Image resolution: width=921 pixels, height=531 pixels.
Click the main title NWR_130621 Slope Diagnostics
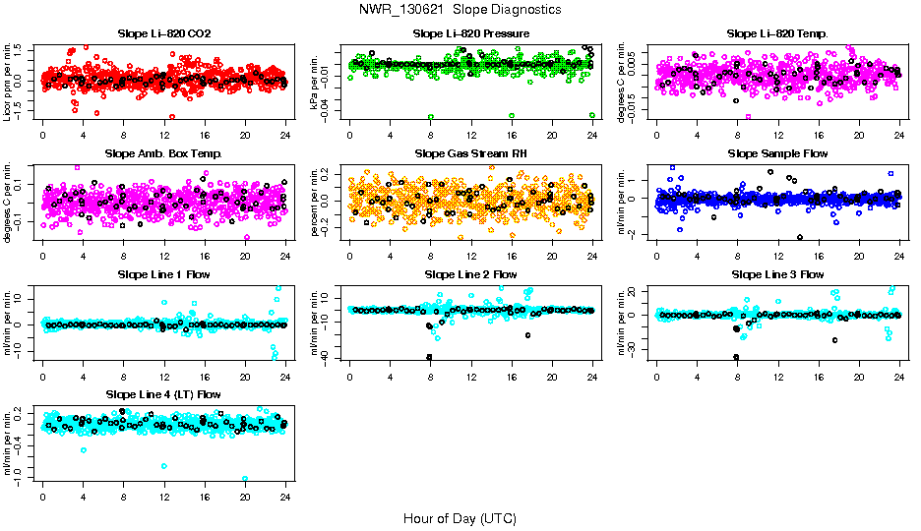point(460,9)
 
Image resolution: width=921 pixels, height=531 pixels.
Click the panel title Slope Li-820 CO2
point(164,34)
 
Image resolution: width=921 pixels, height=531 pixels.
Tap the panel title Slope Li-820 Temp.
point(777,34)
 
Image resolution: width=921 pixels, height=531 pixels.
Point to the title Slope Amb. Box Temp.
point(164,154)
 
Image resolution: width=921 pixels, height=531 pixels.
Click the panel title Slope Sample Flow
point(777,154)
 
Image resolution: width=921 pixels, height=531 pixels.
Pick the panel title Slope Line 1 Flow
point(164,274)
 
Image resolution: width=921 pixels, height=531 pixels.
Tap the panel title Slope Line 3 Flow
point(777,274)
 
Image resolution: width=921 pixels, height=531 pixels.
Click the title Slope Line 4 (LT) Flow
point(164,394)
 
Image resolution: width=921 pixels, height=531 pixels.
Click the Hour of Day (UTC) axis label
point(460,517)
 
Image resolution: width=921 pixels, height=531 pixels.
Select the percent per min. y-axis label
point(316,201)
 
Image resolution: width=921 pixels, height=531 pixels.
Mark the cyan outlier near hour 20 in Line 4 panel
point(245,479)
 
